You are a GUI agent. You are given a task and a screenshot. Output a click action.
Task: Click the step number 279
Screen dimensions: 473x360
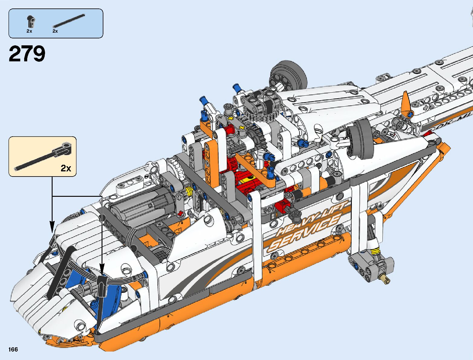tap(27, 54)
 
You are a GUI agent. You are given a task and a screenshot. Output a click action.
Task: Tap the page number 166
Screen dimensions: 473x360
tap(13, 349)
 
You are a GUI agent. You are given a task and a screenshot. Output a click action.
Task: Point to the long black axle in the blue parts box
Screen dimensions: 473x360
tap(69, 21)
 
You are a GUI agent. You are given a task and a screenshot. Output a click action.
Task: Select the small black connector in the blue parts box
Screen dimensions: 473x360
tap(31, 21)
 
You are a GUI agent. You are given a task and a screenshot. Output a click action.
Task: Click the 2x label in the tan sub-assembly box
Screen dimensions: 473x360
tap(66, 168)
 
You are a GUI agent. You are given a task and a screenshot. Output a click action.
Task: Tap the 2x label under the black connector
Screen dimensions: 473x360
tap(29, 31)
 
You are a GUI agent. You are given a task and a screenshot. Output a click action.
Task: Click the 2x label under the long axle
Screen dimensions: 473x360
tap(55, 31)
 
